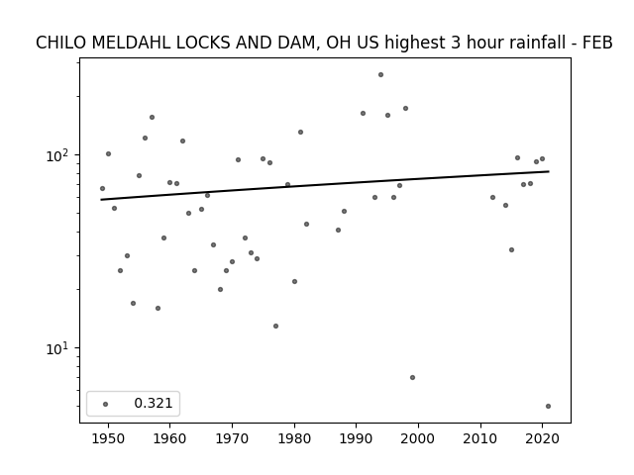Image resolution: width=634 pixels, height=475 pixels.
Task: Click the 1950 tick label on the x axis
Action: tap(108, 439)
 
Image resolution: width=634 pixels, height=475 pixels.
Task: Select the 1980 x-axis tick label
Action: tap(294, 439)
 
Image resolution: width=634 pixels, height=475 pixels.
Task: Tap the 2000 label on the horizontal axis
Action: tap(418, 439)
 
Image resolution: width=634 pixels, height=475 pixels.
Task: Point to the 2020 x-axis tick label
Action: tap(543, 439)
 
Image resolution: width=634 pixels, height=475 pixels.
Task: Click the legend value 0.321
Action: tap(154, 403)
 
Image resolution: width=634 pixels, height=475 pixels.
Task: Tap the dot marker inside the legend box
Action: tap(106, 404)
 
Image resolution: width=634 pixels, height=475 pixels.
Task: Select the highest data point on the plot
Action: tap(380, 75)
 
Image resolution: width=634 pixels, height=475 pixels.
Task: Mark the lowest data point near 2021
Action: tap(548, 407)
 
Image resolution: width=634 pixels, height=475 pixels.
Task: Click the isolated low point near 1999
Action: tap(412, 378)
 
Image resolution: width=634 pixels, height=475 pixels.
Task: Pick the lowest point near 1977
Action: tap(275, 326)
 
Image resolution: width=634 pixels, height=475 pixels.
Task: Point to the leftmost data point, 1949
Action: tap(102, 189)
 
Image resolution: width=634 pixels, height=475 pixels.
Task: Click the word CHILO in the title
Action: tap(60, 43)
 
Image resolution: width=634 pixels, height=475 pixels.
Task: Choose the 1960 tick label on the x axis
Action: tap(169, 439)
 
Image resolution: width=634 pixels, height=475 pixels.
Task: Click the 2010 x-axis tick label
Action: tap(480, 439)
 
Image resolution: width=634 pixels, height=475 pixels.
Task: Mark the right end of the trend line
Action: tap(549, 171)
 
